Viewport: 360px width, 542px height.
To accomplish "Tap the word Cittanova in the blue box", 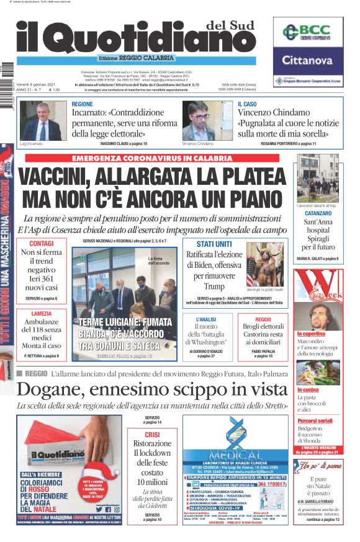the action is tap(308, 60).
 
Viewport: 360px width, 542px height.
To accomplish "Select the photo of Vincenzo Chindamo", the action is tap(208, 121).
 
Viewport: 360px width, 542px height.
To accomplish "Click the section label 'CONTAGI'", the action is tap(41, 243).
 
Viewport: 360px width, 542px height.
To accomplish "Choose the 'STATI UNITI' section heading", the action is tap(214, 244).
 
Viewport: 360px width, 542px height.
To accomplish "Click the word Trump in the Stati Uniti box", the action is tap(214, 287).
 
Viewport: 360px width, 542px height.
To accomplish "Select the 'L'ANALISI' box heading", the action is tap(205, 319).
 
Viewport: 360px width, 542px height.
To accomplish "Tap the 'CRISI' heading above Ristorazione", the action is tap(152, 435).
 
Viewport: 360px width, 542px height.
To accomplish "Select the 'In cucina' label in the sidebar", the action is tap(308, 389).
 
